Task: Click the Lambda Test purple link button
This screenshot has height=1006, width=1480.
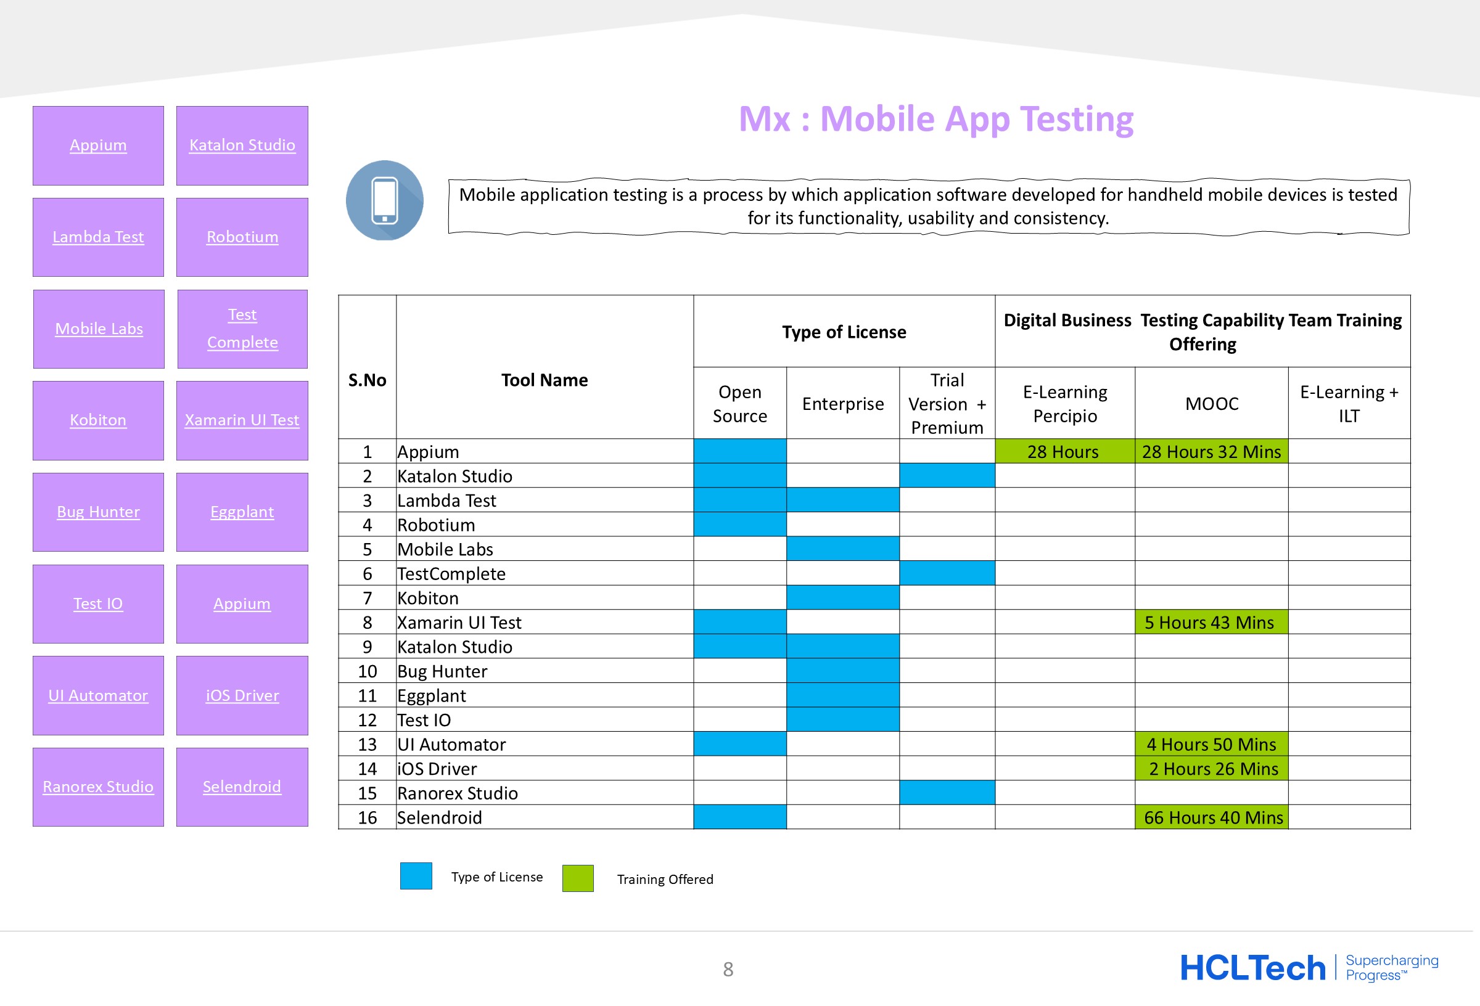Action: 98,237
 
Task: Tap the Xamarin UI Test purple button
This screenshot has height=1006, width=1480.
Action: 242,420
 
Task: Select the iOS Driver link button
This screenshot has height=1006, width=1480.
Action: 242,695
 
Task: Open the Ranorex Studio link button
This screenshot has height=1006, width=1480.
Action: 98,787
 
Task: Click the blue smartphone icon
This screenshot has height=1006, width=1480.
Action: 385,200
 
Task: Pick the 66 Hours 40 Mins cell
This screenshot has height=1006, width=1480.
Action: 1211,817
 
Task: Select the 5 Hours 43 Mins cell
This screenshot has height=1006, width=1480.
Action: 1211,622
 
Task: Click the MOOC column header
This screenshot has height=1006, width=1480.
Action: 1211,404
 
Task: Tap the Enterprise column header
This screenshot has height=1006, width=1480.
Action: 842,404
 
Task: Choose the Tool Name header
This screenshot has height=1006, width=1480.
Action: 545,380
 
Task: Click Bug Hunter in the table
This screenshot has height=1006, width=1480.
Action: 442,671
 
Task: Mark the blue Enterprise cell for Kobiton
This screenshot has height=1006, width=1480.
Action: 842,598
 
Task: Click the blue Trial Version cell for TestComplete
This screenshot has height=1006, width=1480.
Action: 947,573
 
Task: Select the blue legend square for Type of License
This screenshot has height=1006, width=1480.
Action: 416,876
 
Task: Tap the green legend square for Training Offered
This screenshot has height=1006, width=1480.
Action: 578,878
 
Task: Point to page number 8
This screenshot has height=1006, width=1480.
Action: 728,970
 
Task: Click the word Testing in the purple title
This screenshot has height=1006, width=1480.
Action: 1076,120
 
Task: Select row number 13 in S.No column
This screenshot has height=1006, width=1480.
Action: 368,744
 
